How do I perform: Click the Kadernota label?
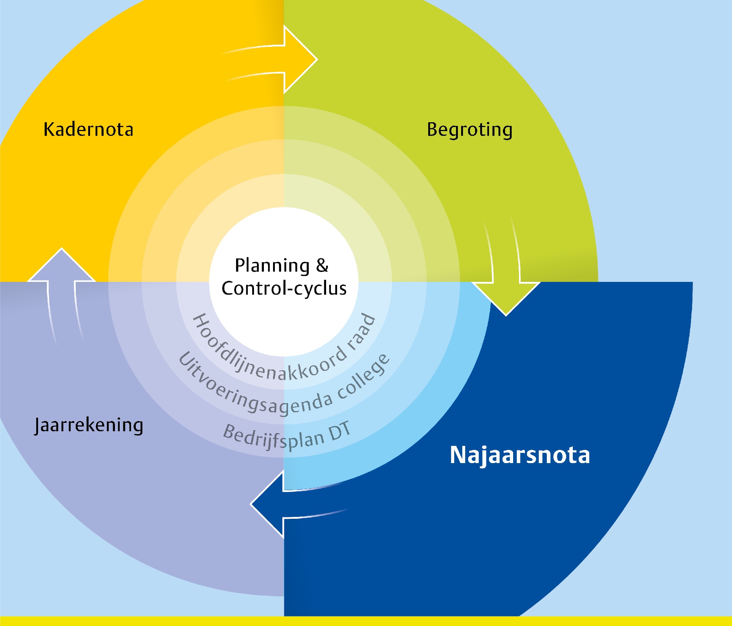click(x=88, y=129)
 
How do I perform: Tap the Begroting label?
click(x=470, y=130)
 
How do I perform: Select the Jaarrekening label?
click(x=89, y=425)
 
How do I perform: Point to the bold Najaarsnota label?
click(x=520, y=455)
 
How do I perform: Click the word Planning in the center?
click(x=272, y=266)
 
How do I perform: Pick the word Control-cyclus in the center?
click(x=284, y=288)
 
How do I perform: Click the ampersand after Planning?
click(x=322, y=265)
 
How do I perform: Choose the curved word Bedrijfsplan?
click(x=273, y=437)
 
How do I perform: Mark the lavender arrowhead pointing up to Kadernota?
click(x=61, y=265)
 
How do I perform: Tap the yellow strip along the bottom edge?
click(x=366, y=621)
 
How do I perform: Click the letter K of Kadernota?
click(x=49, y=129)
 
